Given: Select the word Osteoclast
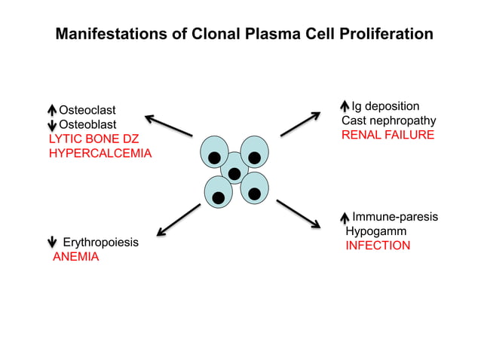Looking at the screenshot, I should tap(88, 111).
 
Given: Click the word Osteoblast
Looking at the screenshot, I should tap(88, 124).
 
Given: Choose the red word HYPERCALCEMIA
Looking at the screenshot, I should tap(100, 153).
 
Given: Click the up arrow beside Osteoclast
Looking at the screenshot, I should tap(53, 111).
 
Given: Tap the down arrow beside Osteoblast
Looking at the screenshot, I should tap(53, 124).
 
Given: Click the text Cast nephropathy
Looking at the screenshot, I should tap(389, 121).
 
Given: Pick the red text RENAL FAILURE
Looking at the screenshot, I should tap(388, 135).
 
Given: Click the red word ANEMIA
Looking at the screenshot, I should tap(75, 257).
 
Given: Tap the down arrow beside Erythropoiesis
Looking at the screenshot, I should tap(53, 243).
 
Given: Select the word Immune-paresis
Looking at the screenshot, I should tap(395, 217).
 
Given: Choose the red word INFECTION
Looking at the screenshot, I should tap(378, 246).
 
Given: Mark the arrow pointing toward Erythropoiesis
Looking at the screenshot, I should tap(178, 219).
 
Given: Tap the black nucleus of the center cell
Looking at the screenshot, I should tap(234, 174).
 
